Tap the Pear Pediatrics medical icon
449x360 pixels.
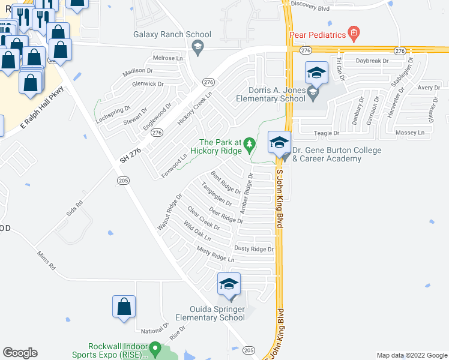point(354,32)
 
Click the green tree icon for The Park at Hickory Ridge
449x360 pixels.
point(250,143)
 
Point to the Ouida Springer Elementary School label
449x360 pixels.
point(210,313)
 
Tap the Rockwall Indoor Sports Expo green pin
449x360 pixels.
point(155,347)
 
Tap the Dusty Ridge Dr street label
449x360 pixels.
point(254,249)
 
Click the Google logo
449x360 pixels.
point(20,353)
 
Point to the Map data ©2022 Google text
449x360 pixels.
point(412,355)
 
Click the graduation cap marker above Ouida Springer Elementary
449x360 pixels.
point(229,284)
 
